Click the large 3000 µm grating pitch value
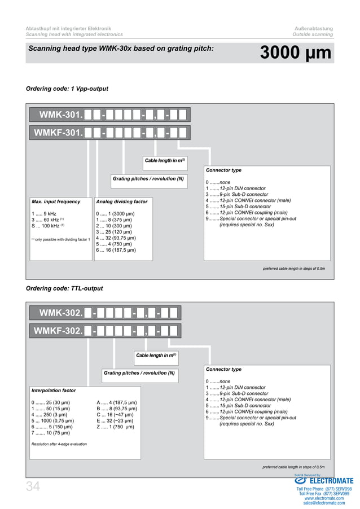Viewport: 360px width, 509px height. click(295, 53)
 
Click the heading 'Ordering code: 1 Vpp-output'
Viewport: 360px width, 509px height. click(67, 89)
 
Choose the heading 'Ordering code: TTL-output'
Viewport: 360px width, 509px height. click(64, 288)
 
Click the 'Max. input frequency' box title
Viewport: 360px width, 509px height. click(56, 201)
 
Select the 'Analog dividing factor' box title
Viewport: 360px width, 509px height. click(122, 201)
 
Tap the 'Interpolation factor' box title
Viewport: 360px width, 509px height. click(54, 390)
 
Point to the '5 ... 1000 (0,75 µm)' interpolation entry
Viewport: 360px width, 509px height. click(52, 420)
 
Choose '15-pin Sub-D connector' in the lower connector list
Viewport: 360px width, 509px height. click(232, 406)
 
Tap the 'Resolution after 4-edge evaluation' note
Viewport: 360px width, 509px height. click(59, 444)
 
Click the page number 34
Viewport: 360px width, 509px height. click(32, 488)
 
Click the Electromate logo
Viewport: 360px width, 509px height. click(323, 481)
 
